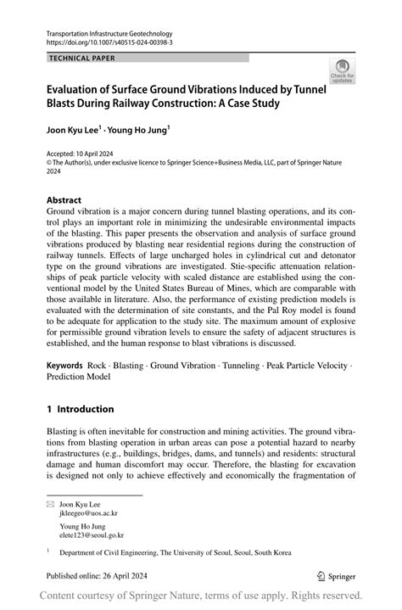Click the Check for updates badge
click(343, 71)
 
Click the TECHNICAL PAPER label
click(82, 58)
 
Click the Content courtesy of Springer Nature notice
click(201, 596)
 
